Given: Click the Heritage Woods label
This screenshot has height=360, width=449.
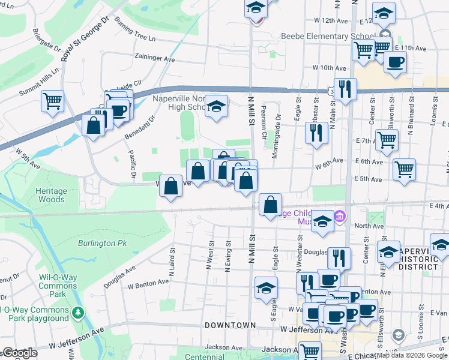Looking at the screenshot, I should pos(50,194).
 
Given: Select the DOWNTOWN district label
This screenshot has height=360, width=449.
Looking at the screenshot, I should pos(230,325).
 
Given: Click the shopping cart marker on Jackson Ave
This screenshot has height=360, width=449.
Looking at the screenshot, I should pos(310,351).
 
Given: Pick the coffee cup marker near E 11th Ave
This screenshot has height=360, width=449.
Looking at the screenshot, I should pos(395,62).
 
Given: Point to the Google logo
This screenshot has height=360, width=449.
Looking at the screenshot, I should pos(19,353).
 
